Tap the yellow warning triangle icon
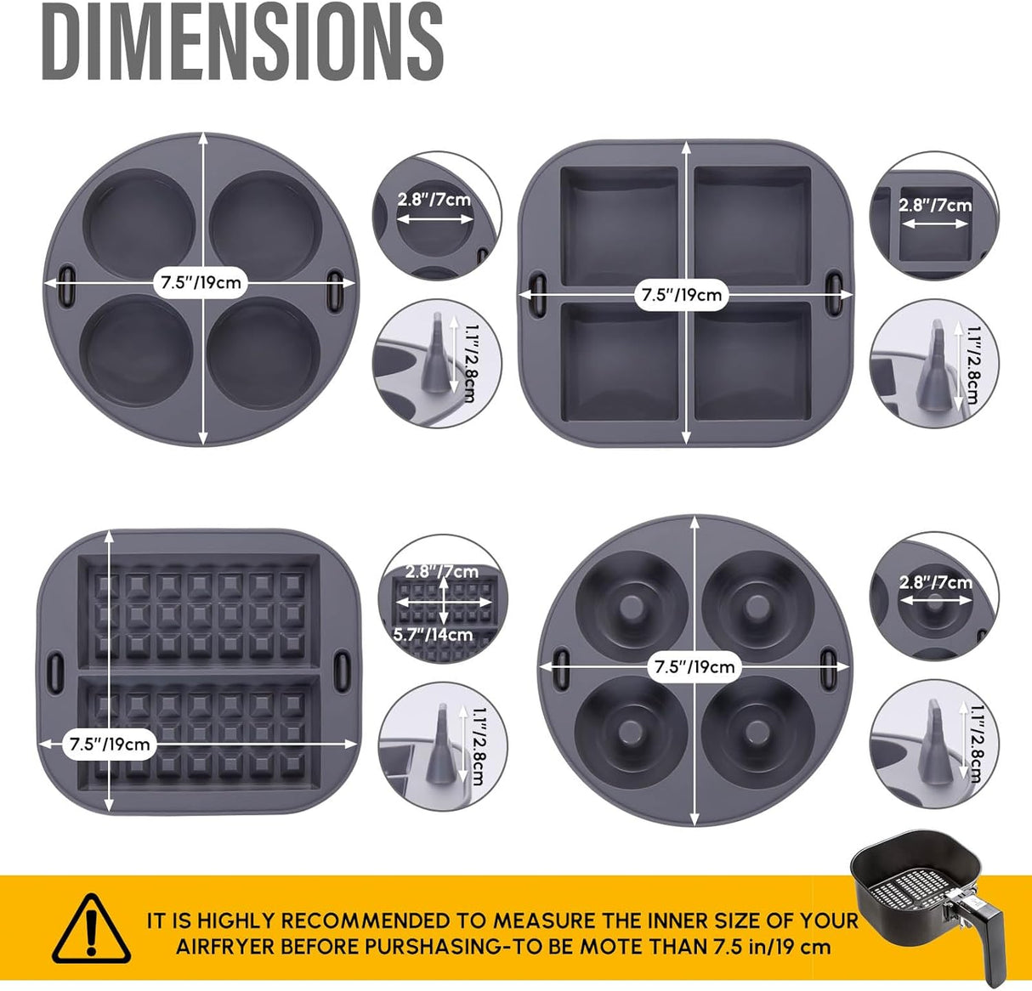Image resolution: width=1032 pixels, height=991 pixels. tap(92, 928)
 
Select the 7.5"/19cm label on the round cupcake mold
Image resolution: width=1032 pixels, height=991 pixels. tap(201, 281)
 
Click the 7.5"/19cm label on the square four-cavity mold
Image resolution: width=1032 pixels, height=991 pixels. tap(682, 295)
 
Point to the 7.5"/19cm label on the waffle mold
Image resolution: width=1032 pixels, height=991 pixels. tap(110, 744)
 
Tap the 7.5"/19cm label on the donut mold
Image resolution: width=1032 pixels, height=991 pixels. tap(694, 666)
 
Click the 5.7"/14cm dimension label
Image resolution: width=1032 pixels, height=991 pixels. tap(433, 634)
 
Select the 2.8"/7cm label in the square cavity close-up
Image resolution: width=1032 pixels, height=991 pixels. tap(935, 205)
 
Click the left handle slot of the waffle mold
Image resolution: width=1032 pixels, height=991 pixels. tap(58, 667)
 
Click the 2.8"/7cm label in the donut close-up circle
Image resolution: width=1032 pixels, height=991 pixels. tap(935, 582)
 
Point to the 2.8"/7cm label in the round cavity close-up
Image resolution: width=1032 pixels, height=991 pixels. tap(434, 201)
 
